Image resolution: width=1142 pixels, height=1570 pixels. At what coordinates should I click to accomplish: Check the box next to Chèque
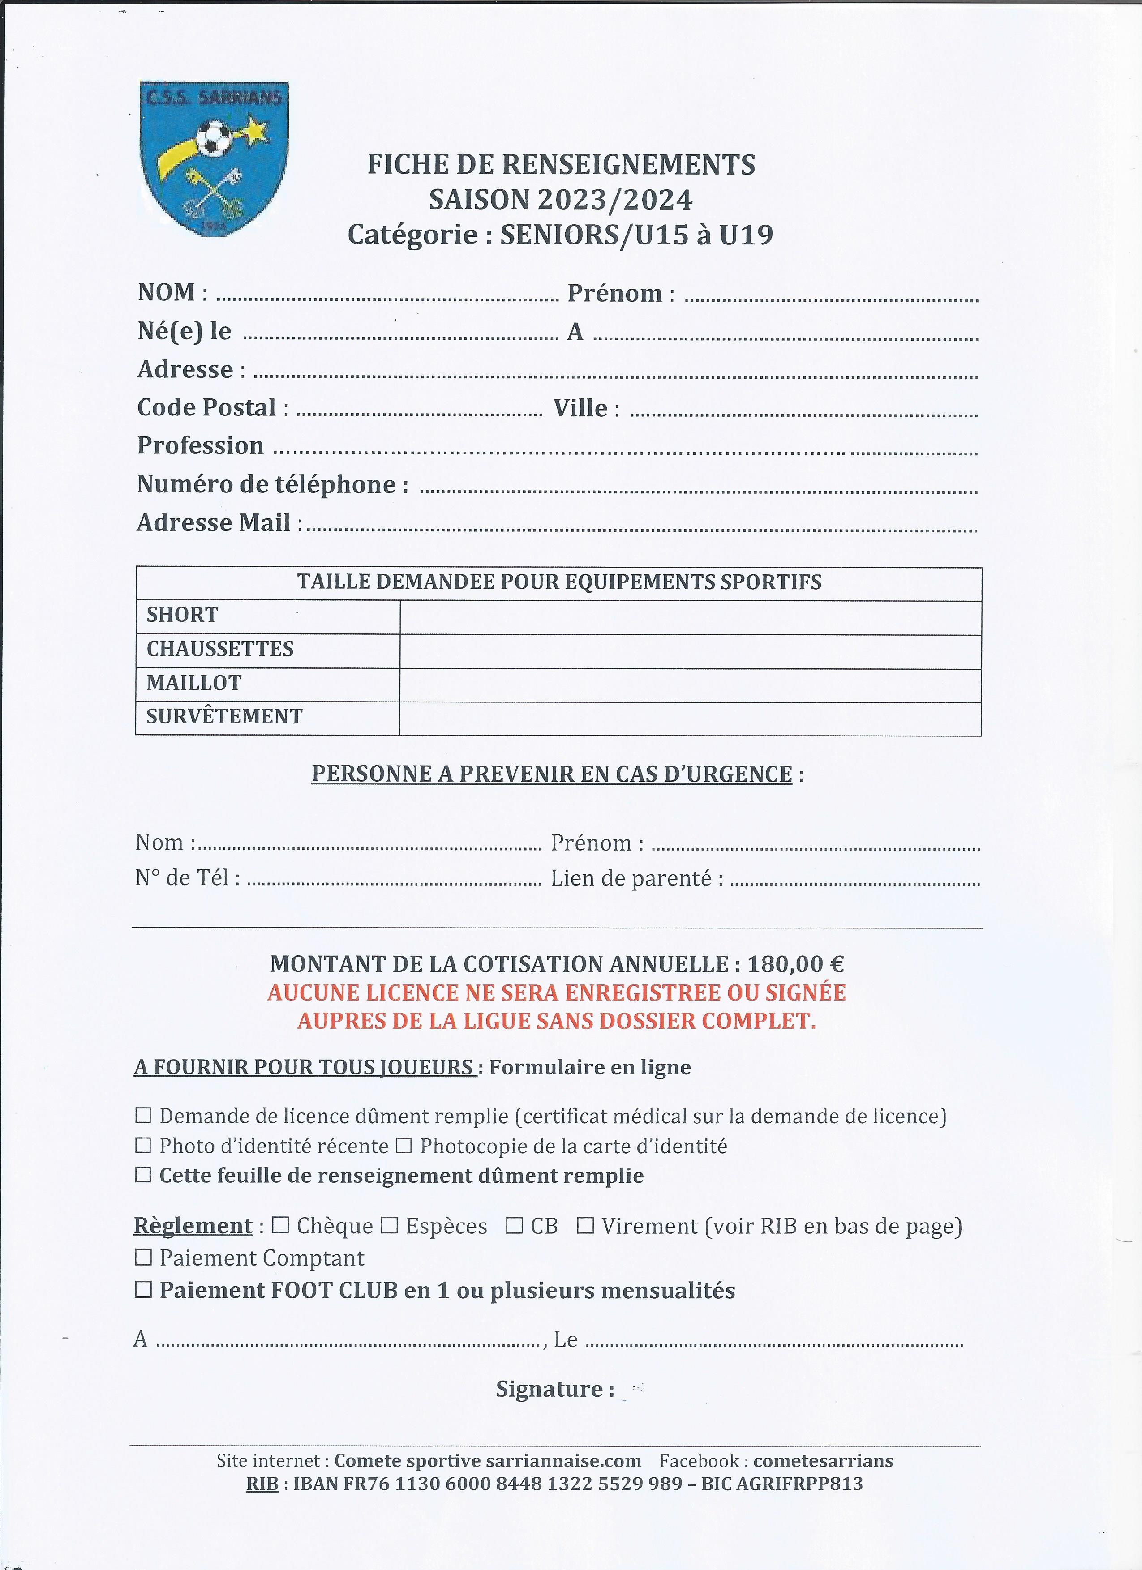coord(280,1225)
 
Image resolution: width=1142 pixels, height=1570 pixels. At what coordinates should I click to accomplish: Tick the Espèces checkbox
coord(390,1225)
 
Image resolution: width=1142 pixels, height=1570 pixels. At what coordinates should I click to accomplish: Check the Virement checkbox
coord(585,1225)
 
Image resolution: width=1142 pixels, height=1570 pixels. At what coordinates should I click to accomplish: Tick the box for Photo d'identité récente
coord(143,1146)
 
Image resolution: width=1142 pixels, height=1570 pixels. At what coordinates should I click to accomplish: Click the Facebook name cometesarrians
coord(823,1461)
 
